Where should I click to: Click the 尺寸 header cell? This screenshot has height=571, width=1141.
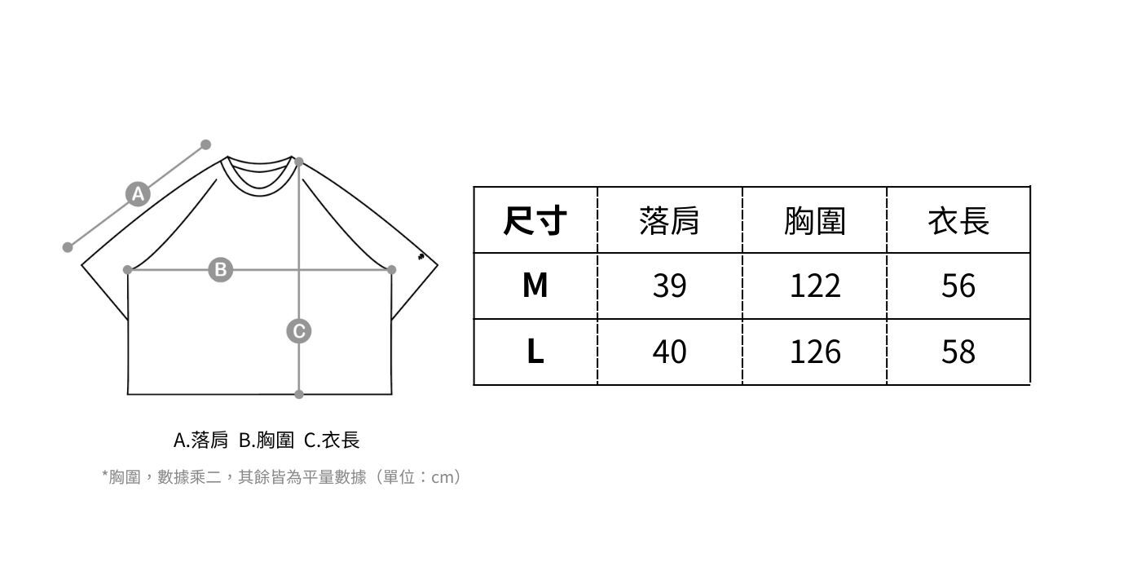535,220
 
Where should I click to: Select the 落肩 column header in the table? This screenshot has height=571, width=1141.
669,220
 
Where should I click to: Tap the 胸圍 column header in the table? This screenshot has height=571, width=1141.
814,220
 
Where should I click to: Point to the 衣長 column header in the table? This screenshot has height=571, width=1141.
958,220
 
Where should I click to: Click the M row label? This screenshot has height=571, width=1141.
535,285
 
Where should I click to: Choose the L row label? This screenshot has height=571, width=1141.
535,352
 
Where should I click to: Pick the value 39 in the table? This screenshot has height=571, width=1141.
669,285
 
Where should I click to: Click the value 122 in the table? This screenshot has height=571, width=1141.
814,285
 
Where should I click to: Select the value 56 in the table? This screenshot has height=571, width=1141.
958,285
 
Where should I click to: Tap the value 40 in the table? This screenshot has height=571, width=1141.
669,352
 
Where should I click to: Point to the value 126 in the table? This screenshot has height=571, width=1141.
814,352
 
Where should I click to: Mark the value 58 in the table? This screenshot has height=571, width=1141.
958,352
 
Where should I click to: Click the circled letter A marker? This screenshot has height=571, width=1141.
138,194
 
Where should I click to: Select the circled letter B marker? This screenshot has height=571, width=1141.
220,269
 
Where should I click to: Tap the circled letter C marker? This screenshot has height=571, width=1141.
299,331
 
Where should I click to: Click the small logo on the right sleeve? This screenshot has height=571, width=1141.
421,257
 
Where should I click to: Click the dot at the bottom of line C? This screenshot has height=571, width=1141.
299,394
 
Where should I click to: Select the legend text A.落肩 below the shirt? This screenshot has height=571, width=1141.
200,440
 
